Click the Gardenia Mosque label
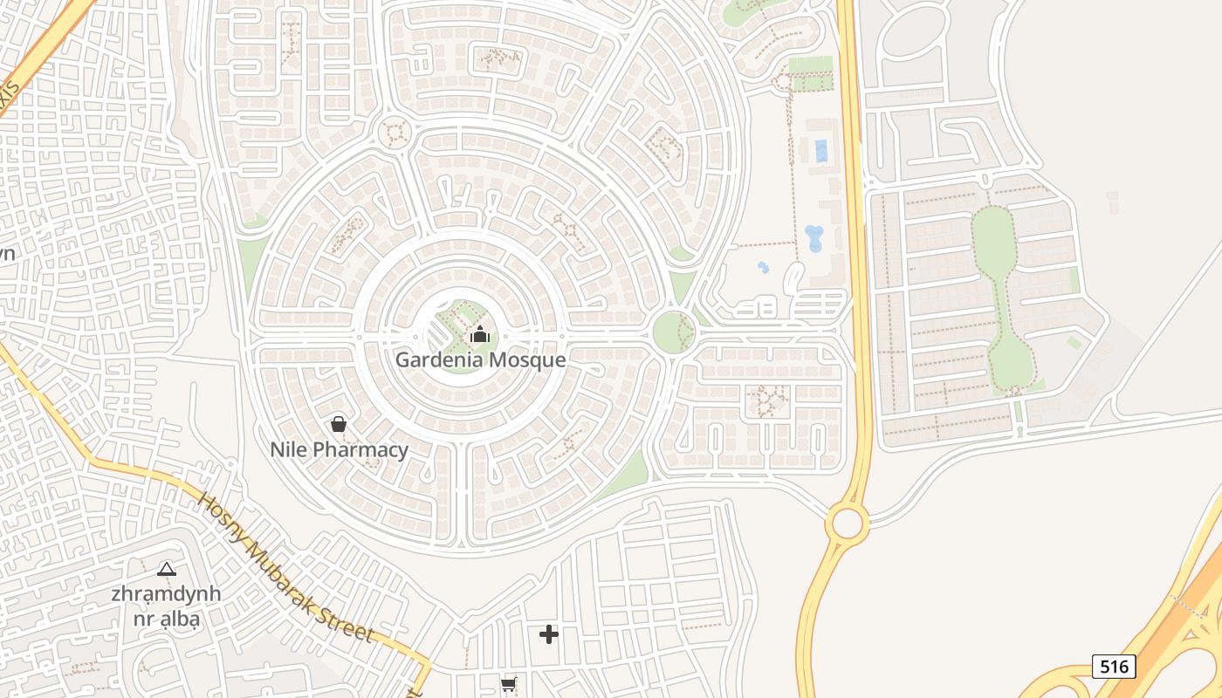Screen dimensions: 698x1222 tap(480, 359)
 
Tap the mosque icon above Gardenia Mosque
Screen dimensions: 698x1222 tap(480, 334)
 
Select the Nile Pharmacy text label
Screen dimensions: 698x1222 tap(339, 450)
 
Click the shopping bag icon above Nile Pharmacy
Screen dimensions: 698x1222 tap(339, 425)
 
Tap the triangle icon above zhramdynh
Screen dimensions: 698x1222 tap(166, 570)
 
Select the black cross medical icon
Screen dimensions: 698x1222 tap(549, 634)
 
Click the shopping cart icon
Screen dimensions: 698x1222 tap(509, 685)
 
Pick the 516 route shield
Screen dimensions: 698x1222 tap(1114, 667)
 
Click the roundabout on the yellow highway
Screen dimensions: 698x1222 tap(847, 523)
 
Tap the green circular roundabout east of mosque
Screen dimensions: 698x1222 tap(674, 332)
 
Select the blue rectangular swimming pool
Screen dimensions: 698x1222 tap(821, 151)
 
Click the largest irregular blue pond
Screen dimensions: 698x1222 tap(814, 238)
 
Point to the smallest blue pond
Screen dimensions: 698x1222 tap(764, 267)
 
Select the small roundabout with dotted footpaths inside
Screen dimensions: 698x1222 tap(395, 133)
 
